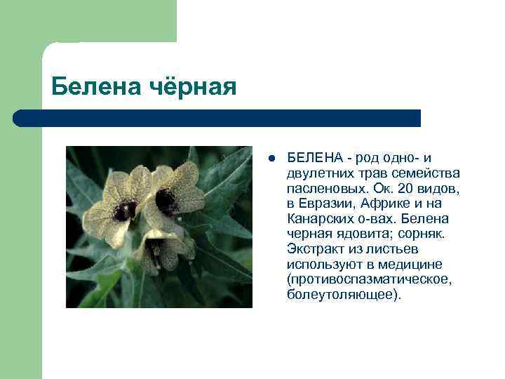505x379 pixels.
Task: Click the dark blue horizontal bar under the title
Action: [217, 118]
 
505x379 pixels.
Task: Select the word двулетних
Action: [318, 173]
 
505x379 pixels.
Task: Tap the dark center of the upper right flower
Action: [167, 201]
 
